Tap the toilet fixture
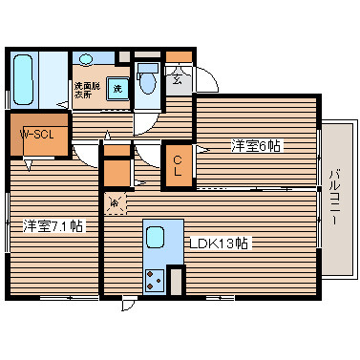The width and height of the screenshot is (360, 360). pos(146,81)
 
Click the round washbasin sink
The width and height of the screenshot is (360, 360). pos(87,59)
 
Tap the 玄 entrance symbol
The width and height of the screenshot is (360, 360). pos(178,80)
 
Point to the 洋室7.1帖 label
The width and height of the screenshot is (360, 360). pos(53,226)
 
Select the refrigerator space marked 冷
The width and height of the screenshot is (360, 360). pos(115,202)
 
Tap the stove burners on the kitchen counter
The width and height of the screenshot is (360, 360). pos(155,280)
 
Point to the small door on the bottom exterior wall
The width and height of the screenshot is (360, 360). pos(127,305)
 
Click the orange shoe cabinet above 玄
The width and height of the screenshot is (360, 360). pos(178,58)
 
